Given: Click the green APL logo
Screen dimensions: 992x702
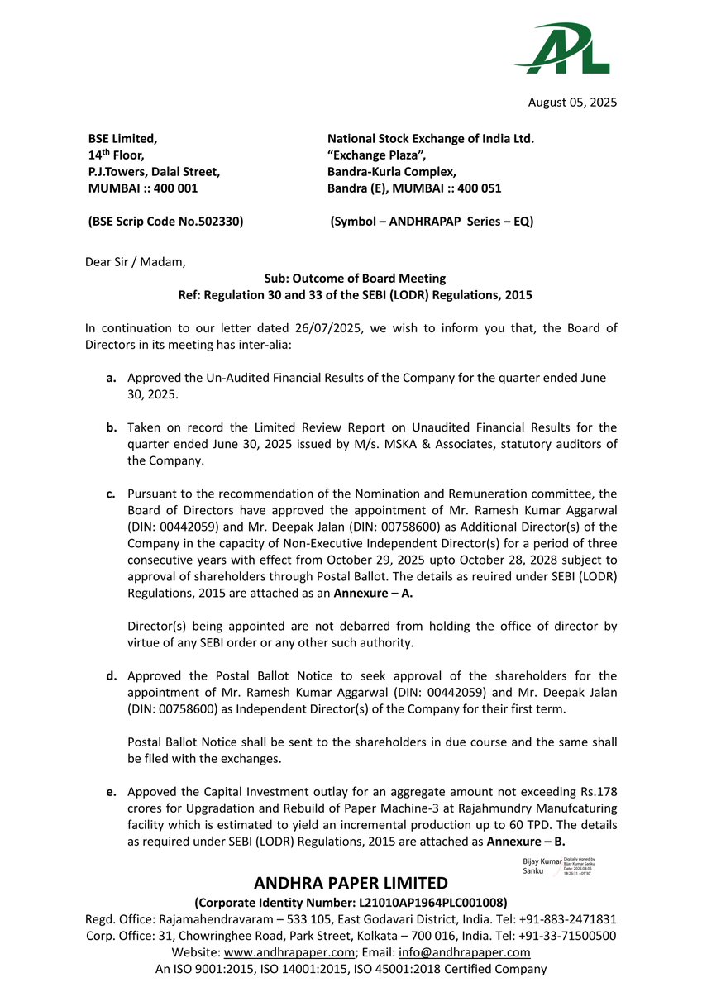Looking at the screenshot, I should click(x=562, y=50).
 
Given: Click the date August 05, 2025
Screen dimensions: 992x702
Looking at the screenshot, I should click(x=572, y=103).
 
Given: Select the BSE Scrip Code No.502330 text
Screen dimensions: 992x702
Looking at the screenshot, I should click(x=165, y=222).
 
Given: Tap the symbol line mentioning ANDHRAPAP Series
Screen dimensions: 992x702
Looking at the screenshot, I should click(x=432, y=222).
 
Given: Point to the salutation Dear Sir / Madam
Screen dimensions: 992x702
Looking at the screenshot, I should click(x=136, y=262).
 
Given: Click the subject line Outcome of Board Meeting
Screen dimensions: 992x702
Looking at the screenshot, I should click(x=355, y=279).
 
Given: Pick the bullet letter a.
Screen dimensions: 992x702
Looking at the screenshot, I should click(x=110, y=378).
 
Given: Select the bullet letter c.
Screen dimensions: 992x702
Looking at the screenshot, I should click(x=110, y=494).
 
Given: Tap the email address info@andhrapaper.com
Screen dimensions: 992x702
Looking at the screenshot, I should click(x=475, y=951).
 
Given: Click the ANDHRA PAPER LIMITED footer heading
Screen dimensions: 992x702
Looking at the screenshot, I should click(x=351, y=883).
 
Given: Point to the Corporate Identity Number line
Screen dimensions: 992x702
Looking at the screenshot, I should click(x=351, y=902).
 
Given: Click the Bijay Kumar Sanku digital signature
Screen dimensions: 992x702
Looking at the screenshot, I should click(x=559, y=866).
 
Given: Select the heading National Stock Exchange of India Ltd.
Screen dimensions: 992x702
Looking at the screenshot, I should click(x=430, y=139).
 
